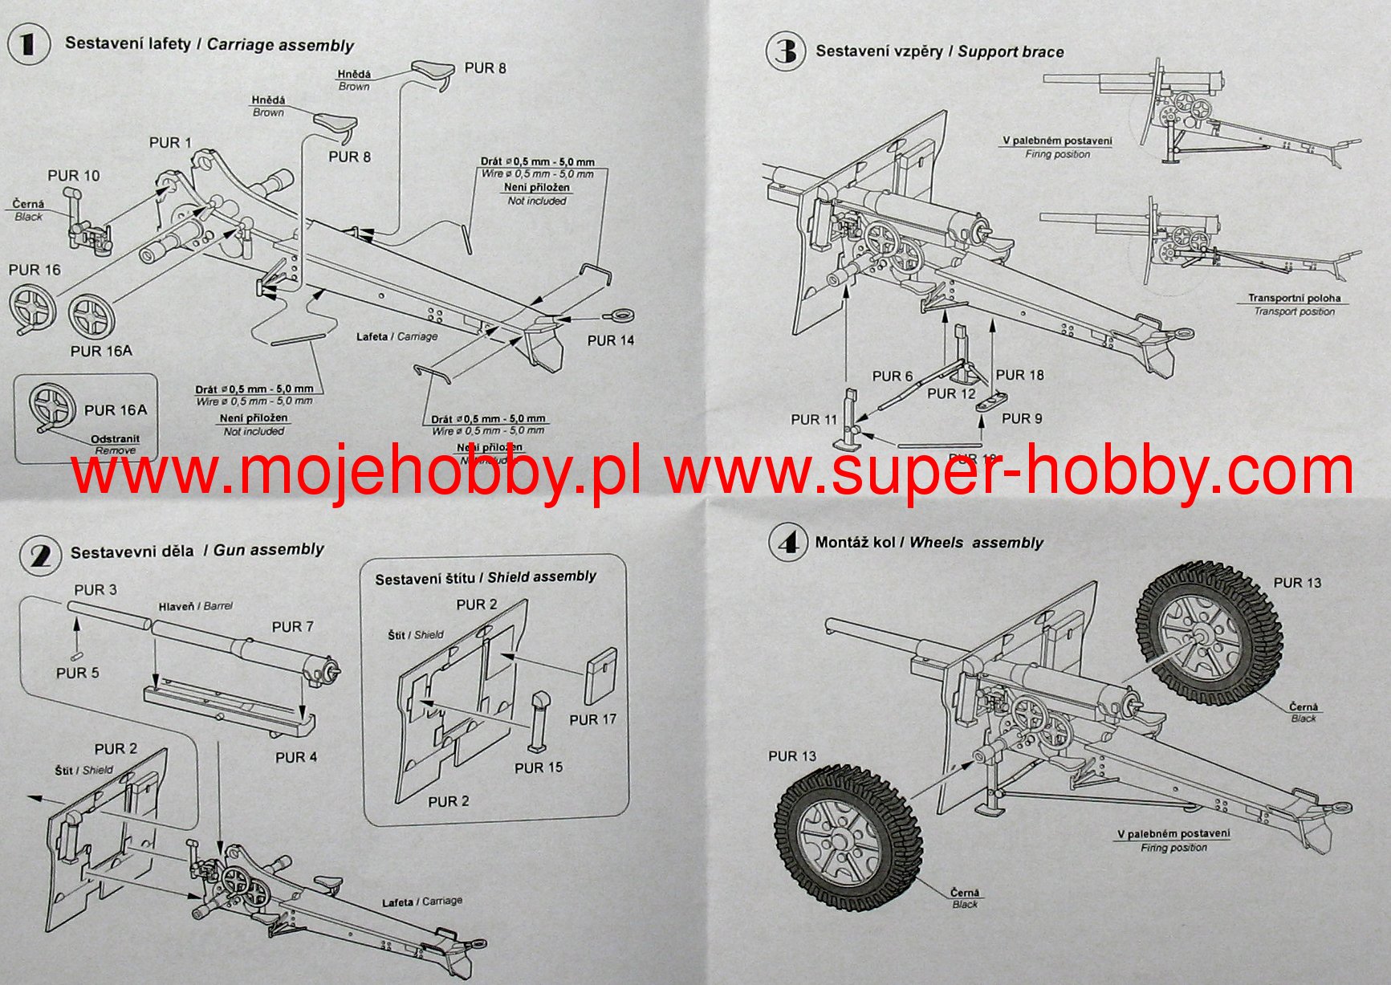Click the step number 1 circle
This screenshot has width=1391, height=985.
(x=27, y=43)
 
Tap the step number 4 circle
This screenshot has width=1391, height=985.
(x=787, y=543)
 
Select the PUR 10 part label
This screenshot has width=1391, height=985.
(x=74, y=176)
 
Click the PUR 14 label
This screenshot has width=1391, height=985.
(x=610, y=340)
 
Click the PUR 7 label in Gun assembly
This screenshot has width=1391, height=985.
(x=292, y=627)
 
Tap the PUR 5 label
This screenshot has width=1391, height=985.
(x=77, y=673)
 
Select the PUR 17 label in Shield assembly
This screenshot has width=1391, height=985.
(x=592, y=720)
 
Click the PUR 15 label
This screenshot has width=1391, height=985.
(x=538, y=767)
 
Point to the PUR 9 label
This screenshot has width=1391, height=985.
(x=1021, y=418)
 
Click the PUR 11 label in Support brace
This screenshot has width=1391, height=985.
(x=813, y=419)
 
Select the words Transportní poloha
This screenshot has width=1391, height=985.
(x=1294, y=298)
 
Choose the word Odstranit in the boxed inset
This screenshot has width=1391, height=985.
(x=115, y=439)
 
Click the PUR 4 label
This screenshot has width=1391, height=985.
(x=295, y=757)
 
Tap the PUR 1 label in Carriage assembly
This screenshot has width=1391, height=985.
(x=170, y=143)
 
